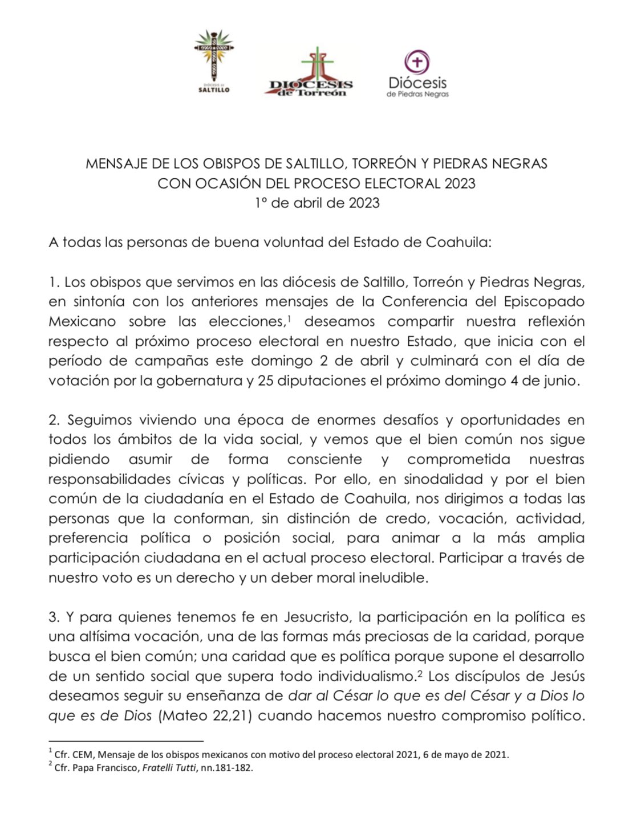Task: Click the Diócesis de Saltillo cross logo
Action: [214, 60]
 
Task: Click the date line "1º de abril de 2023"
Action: [316, 203]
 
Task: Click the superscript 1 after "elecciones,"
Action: [290, 319]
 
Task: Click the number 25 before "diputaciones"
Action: [266, 381]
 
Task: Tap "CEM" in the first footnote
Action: [83, 755]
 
